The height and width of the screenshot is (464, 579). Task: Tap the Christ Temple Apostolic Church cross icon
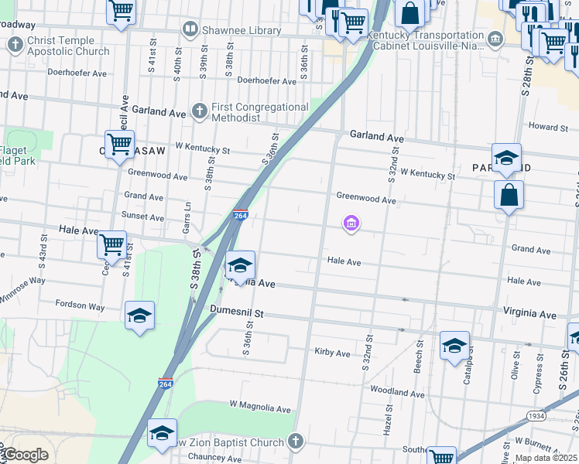click(15, 45)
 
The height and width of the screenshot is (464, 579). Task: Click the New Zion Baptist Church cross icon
click(294, 442)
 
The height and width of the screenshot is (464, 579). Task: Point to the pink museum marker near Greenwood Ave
click(351, 224)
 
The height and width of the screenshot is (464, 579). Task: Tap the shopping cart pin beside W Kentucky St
click(119, 144)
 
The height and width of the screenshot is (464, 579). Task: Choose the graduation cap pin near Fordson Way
click(140, 316)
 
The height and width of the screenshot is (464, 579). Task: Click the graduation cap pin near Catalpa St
click(454, 345)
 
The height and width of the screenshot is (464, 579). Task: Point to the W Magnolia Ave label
click(259, 408)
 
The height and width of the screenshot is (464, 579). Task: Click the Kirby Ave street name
click(333, 353)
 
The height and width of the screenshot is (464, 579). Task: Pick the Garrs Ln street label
click(187, 217)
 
